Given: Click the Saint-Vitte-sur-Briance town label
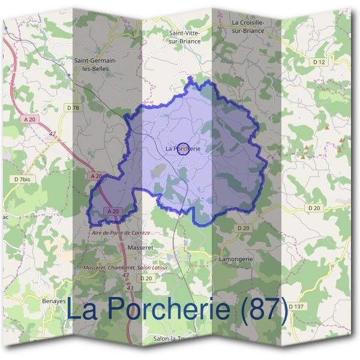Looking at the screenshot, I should [184, 37].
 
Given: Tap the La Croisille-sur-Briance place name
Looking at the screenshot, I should [248, 26].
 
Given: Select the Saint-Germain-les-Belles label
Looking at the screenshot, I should [95, 64].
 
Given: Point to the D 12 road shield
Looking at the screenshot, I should [319, 62].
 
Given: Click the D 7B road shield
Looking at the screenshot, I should [73, 107].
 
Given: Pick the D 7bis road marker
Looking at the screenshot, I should [22, 179].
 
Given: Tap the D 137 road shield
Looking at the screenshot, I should [296, 306].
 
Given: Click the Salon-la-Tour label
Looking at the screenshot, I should [172, 339].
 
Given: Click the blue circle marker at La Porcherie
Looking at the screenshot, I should [184, 149].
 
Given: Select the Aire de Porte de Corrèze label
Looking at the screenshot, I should [120, 232].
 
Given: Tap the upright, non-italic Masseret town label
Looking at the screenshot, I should [142, 247].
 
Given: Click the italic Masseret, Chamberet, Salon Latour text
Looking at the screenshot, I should [126, 267].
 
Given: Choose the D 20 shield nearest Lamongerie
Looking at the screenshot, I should [243, 228].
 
